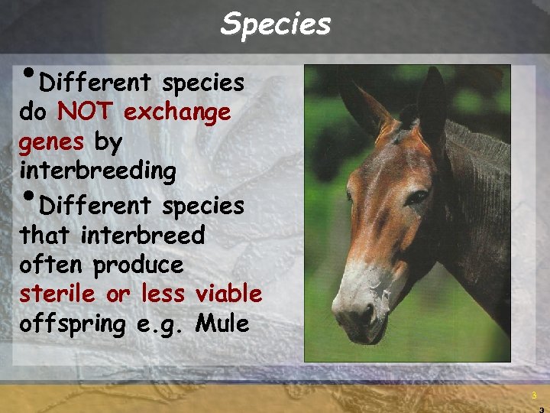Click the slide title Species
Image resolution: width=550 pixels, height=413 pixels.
[x=276, y=24]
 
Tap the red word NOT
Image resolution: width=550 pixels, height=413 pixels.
[x=86, y=112]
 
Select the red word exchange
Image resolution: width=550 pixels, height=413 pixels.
[x=176, y=112]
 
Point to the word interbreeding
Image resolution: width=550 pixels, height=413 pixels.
[x=98, y=171]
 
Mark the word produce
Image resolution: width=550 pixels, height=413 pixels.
[x=138, y=265]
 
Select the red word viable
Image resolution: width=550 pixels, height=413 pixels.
[x=228, y=294]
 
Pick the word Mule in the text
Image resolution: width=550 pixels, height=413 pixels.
[x=222, y=324]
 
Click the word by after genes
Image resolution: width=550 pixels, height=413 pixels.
[x=108, y=143]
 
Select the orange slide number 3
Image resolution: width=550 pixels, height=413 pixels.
[x=535, y=395]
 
